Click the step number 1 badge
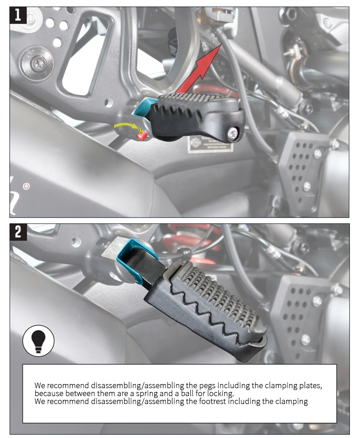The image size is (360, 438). coord(18,15)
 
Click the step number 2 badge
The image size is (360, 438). coord(18,232)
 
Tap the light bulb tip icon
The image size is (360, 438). coord(38,341)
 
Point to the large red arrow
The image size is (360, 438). coord(199,69)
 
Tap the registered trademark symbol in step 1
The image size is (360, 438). coord(26,186)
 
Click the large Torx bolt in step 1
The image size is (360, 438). coord(37,64)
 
